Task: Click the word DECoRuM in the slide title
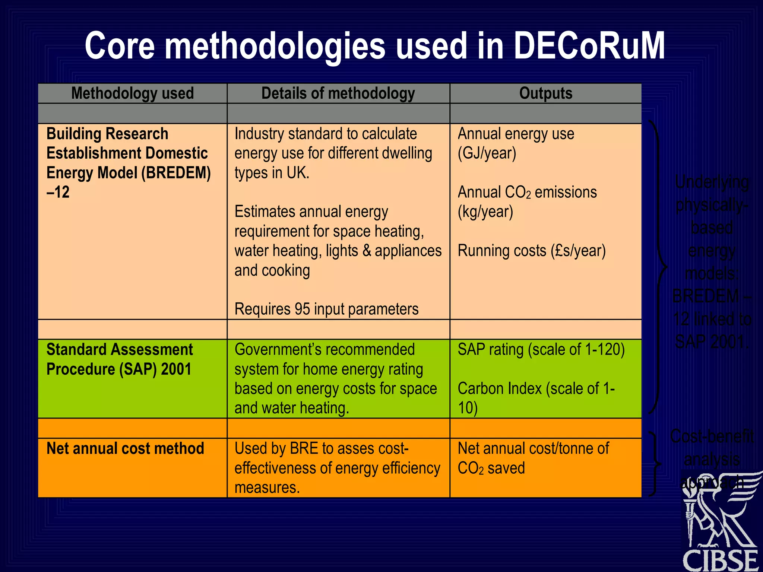(x=589, y=46)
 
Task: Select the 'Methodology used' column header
(x=132, y=93)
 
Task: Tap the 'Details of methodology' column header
(x=338, y=93)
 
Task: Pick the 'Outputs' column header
(x=545, y=93)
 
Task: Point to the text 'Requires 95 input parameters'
(x=326, y=309)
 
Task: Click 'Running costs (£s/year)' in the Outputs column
(x=531, y=251)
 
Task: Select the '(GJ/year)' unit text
(x=487, y=153)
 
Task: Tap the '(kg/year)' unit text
(x=485, y=212)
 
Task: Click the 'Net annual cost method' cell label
(x=125, y=448)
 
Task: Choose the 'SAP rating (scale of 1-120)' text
(x=541, y=350)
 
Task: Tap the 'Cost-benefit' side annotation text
(x=712, y=436)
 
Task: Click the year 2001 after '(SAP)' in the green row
(x=176, y=369)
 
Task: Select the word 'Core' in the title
(x=120, y=46)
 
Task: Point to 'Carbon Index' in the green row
(x=499, y=389)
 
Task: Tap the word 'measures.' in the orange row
(x=267, y=487)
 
